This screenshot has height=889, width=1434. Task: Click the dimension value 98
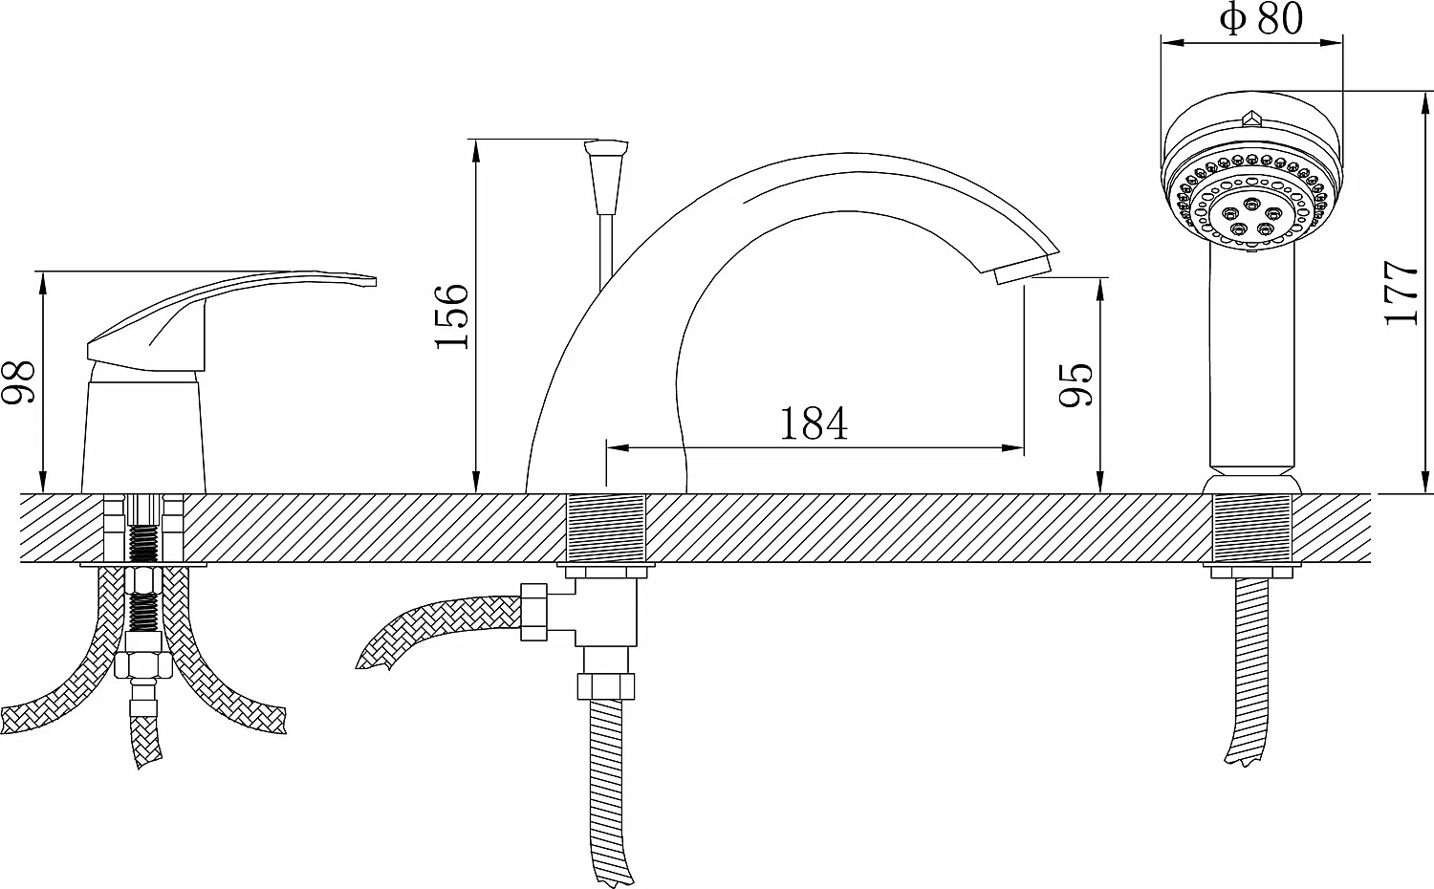pyautogui.click(x=18, y=382)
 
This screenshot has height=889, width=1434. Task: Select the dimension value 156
pyautogui.click(x=452, y=316)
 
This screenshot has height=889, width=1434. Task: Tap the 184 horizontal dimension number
pyautogui.click(x=814, y=423)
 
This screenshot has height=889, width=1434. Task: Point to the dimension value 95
pyautogui.click(x=1076, y=384)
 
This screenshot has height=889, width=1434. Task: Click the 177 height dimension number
pyautogui.click(x=1401, y=293)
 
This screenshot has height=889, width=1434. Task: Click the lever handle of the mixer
pyautogui.click(x=230, y=320)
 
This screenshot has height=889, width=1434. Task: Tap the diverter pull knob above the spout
pyautogui.click(x=606, y=177)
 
